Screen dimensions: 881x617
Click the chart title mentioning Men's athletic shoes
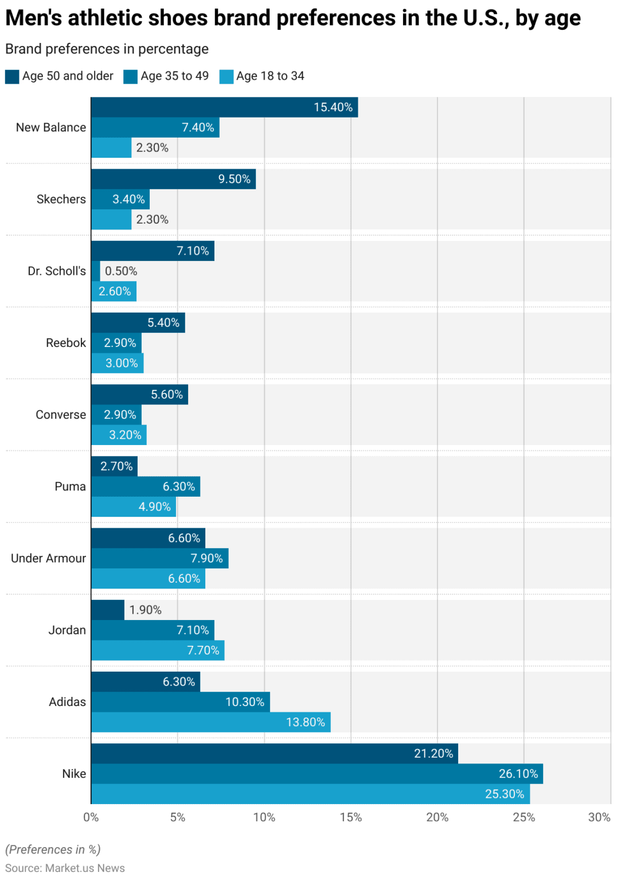coord(292,18)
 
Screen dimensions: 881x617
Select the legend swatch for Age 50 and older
coord(12,76)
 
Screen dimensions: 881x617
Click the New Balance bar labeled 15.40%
coord(224,107)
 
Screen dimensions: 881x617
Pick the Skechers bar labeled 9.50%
coord(173,179)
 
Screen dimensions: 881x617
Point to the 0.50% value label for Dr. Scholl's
coord(121,271)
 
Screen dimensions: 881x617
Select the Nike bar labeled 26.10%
coord(317,774)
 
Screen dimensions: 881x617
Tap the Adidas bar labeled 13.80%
coord(210,722)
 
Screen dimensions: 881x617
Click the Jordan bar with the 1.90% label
coord(108,610)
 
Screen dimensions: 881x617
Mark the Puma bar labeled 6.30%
coord(146,486)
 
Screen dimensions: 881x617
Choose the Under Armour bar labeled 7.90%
coord(159,558)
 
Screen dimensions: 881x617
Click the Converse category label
coord(61,415)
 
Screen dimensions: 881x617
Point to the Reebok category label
coord(66,343)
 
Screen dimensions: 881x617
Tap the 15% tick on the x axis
coord(350,817)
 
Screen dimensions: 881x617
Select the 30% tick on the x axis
coord(599,817)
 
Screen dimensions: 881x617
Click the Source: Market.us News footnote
coord(65,868)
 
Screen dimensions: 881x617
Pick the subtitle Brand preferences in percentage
coord(107,49)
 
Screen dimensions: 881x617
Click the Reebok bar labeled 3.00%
coord(117,363)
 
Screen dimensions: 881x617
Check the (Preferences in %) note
coord(53,849)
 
